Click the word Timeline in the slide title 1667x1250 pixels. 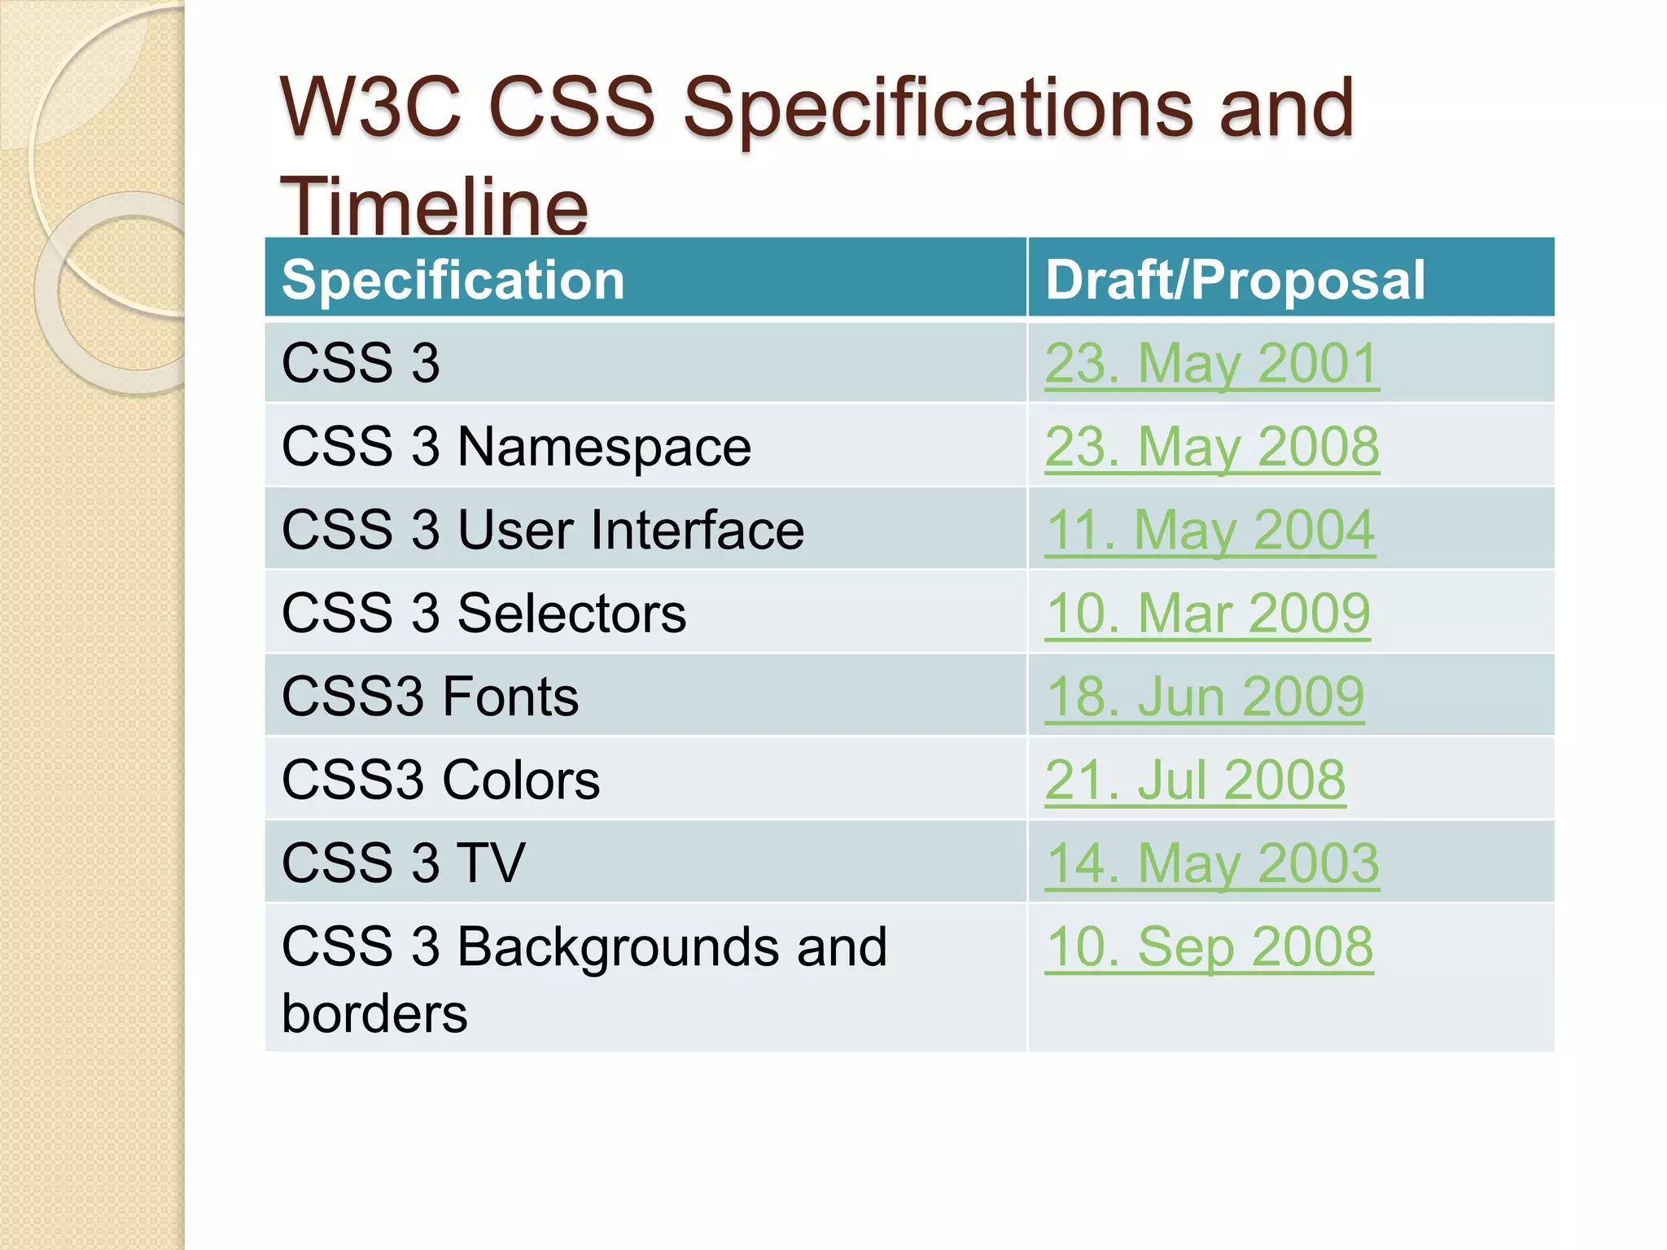433,206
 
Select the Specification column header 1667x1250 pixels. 453,280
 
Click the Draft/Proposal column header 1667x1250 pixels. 1235,280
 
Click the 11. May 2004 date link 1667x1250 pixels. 1210,530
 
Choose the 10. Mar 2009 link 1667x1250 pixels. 1207,613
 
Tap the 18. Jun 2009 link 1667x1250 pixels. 1204,697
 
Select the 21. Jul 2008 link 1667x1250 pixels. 1194,780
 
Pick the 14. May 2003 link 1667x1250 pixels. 1211,863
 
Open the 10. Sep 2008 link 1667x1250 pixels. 1209,946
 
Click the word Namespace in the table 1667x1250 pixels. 604,447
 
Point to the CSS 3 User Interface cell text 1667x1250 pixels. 542,530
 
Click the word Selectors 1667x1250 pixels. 571,613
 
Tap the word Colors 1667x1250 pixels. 520,780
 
